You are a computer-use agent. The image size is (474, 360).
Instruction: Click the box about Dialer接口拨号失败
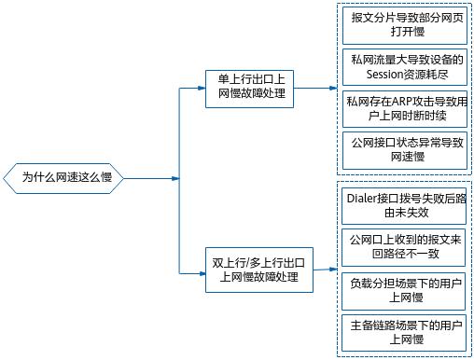click(405, 205)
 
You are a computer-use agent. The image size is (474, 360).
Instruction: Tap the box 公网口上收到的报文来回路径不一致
click(405, 247)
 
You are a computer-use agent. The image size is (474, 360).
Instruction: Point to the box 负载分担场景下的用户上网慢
click(405, 289)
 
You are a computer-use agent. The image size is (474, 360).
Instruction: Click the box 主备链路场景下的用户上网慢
click(405, 331)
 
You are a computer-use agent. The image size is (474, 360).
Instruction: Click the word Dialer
click(364, 198)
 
